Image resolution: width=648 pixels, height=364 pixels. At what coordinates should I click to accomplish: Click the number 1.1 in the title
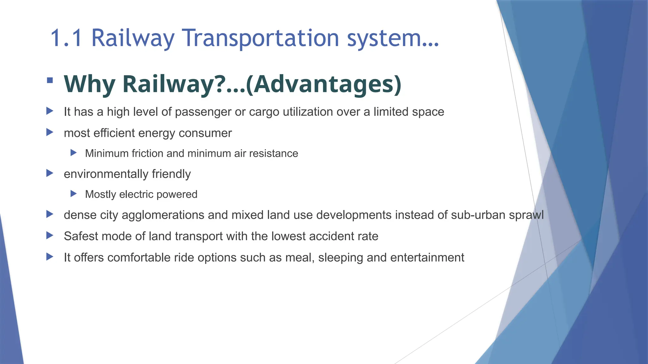pyautogui.click(x=66, y=38)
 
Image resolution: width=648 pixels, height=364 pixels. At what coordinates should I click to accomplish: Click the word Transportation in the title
pyautogui.click(x=261, y=38)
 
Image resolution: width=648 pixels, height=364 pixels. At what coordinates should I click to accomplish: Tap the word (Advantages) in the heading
pyautogui.click(x=323, y=84)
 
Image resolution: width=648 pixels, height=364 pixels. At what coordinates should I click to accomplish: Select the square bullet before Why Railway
pyautogui.click(x=50, y=80)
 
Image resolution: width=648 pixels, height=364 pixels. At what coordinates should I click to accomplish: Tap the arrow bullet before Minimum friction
pyautogui.click(x=74, y=153)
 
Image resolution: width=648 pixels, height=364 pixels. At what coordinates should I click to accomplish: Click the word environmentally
pyautogui.click(x=106, y=174)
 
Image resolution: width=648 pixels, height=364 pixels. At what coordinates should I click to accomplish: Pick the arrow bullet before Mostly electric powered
pyautogui.click(x=74, y=194)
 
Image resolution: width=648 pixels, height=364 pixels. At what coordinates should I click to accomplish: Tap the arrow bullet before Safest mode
pyautogui.click(x=50, y=235)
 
